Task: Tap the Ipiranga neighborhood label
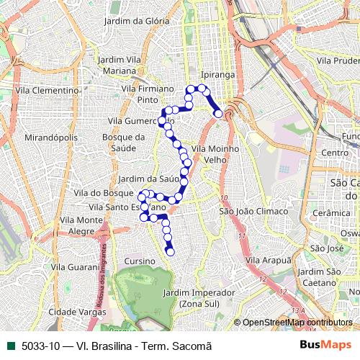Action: click(217, 74)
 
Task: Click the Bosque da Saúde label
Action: click(120, 142)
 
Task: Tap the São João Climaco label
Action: click(248, 211)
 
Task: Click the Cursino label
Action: click(140, 261)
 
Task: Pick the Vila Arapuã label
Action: click(268, 259)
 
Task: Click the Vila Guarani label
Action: click(75, 266)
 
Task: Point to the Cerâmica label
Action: click(336, 213)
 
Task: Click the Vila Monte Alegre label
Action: click(81, 225)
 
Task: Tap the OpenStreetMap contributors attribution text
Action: click(297, 323)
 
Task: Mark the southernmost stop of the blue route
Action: click(171, 252)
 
